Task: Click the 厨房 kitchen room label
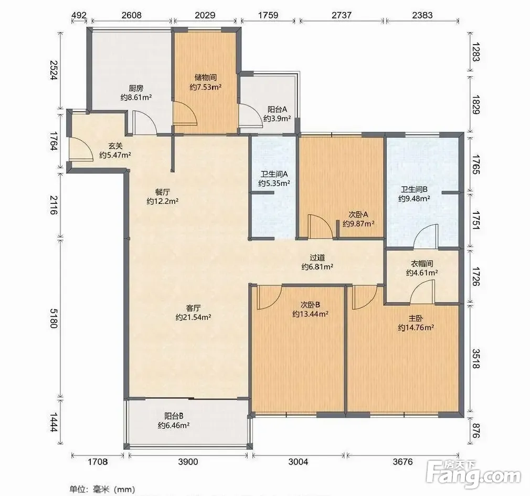click(136, 88)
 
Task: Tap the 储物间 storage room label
click(206, 77)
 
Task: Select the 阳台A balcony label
click(277, 109)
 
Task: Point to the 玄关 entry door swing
click(80, 149)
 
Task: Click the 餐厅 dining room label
click(162, 192)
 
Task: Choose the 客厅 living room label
click(193, 308)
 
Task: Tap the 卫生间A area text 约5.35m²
click(274, 183)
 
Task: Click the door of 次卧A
click(321, 226)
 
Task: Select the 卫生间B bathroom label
click(414, 190)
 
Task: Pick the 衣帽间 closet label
click(422, 263)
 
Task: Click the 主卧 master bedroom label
click(416, 318)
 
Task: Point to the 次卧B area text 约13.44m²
click(310, 314)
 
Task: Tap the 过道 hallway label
click(317, 258)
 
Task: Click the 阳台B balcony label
click(174, 416)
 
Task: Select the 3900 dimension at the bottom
click(188, 462)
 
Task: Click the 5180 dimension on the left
click(54, 318)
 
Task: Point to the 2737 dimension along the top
click(342, 15)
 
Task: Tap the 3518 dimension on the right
click(476, 359)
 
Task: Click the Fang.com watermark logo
click(473, 473)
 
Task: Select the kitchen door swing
click(145, 122)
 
